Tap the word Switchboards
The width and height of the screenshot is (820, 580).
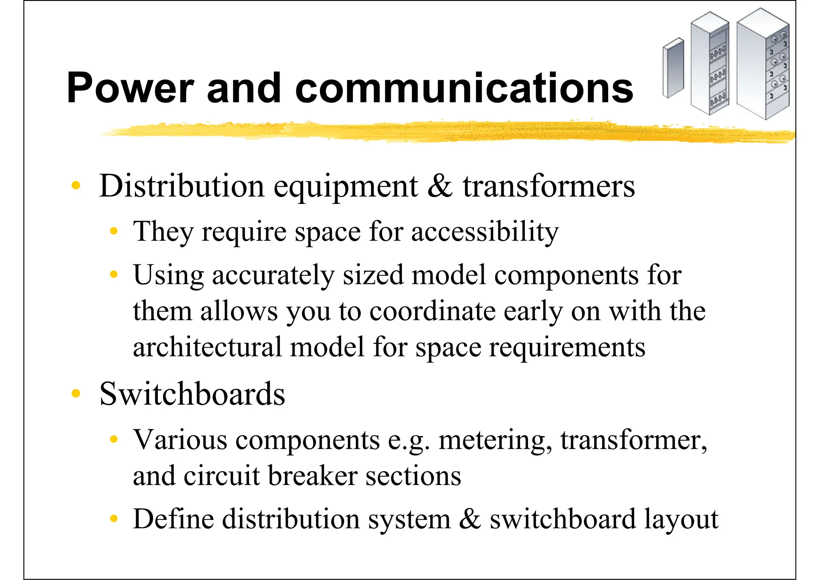click(192, 394)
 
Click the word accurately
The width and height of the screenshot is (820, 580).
click(273, 276)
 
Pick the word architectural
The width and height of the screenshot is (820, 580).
click(207, 347)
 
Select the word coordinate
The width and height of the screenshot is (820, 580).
click(432, 311)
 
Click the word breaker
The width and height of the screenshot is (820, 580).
click(312, 476)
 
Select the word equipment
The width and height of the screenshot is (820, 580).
click(346, 186)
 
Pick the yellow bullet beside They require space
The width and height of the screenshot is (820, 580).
click(114, 231)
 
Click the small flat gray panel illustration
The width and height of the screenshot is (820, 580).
click(673, 68)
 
